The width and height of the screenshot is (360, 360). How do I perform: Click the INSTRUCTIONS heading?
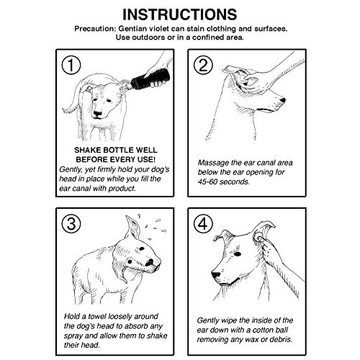click(179, 14)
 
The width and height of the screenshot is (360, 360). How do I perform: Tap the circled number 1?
click(71, 66)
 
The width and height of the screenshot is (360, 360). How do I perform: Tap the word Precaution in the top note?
click(99, 28)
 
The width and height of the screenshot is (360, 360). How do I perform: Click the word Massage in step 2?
click(216, 166)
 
